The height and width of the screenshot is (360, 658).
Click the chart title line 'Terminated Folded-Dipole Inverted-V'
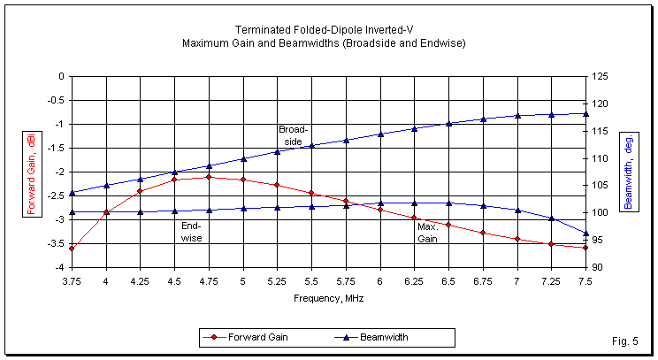click(x=329, y=29)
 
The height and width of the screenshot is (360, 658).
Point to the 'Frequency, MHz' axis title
click(x=329, y=298)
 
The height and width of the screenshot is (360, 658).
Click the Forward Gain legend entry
click(x=253, y=337)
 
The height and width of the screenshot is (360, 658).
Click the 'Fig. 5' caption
click(x=624, y=341)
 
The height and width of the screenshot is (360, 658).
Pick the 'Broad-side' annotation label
click(x=291, y=134)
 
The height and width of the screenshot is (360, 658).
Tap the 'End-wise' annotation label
click(x=190, y=232)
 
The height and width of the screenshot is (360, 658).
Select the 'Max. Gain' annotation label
click(x=428, y=233)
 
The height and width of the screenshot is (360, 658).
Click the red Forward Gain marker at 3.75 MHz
click(x=72, y=249)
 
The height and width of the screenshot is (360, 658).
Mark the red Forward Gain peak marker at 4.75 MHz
click(x=209, y=177)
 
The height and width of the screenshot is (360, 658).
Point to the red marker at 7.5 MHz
click(x=585, y=248)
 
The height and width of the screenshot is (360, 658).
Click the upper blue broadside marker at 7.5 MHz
click(x=585, y=113)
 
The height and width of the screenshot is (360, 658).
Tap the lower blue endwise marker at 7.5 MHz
click(x=585, y=234)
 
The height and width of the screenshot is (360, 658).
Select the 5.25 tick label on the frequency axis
click(x=277, y=281)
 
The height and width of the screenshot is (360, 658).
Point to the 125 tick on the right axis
click(x=600, y=76)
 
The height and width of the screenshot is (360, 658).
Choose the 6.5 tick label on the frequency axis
click(x=448, y=281)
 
